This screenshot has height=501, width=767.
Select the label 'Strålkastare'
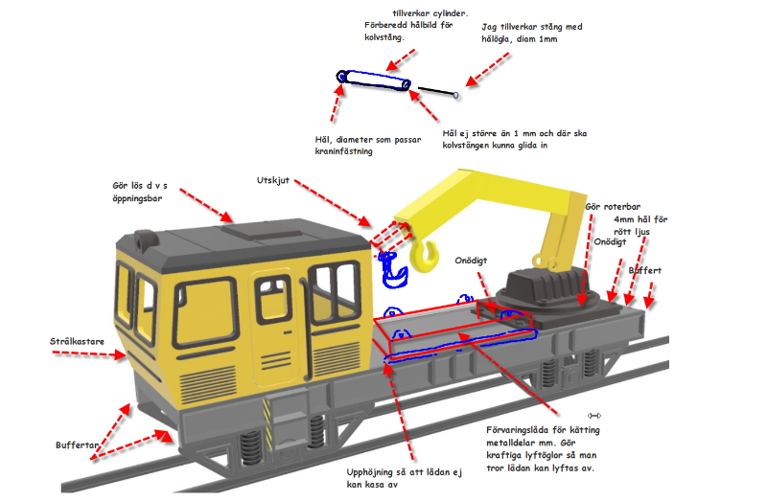click(x=80, y=340)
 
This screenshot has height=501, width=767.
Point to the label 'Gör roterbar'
click(x=613, y=207)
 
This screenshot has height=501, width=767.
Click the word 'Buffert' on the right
click(x=644, y=271)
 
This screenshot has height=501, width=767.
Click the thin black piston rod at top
click(x=437, y=91)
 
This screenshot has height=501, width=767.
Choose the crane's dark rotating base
click(x=542, y=286)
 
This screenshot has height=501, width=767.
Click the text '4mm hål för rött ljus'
click(x=640, y=226)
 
